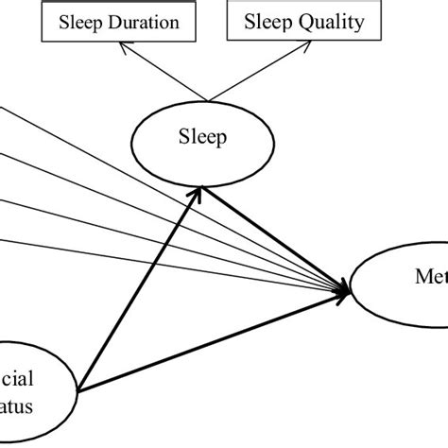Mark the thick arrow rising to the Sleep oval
142,284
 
